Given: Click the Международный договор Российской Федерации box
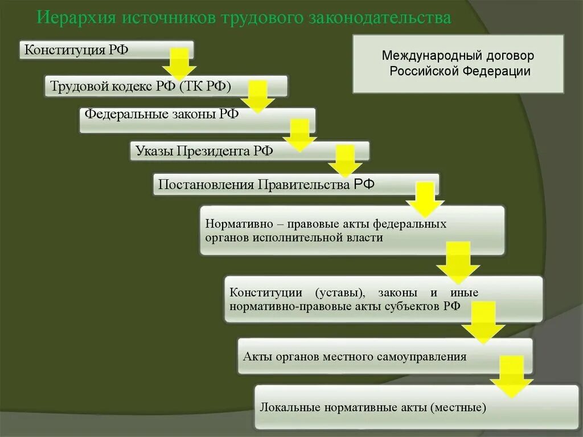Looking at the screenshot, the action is pyautogui.click(x=458, y=63).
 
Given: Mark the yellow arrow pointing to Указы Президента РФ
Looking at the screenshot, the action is pyautogui.click(x=299, y=135).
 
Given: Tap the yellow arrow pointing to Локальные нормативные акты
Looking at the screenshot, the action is pyautogui.click(x=511, y=377).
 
